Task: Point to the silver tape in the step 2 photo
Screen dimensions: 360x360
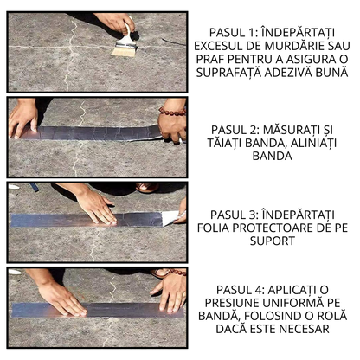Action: pyautogui.click(x=95, y=132)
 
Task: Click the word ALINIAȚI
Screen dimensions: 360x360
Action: pyautogui.click(x=302, y=144)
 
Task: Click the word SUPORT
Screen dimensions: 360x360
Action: pyautogui.click(x=273, y=242)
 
